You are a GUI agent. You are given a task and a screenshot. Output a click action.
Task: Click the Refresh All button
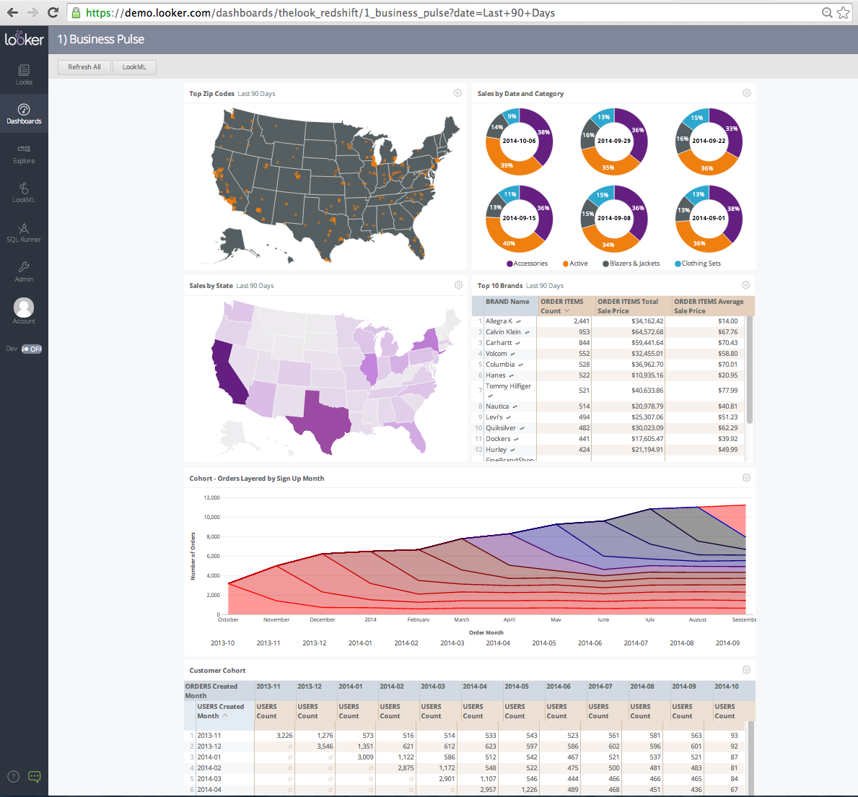[84, 67]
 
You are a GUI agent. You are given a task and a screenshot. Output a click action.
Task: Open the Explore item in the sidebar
[24, 154]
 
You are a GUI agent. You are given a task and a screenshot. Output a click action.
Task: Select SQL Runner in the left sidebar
[24, 232]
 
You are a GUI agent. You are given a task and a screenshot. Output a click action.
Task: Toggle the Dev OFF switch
[32, 349]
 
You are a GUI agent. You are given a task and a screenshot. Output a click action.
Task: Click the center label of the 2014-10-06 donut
[519, 141]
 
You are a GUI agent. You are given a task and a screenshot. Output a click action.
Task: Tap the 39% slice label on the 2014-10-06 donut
[507, 165]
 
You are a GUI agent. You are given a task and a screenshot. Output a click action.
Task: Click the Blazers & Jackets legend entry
[634, 264]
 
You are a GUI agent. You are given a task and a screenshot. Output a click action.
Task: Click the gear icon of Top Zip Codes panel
[458, 93]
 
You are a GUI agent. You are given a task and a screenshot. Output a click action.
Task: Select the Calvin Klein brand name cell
[503, 332]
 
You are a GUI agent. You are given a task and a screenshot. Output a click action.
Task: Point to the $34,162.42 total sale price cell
[647, 321]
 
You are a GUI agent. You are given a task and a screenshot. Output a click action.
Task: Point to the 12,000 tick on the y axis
[211, 497]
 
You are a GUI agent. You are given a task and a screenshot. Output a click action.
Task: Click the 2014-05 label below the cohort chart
[544, 643]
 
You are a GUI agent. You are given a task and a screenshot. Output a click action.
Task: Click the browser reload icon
[53, 12]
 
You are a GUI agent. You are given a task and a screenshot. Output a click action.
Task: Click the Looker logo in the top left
[24, 39]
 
